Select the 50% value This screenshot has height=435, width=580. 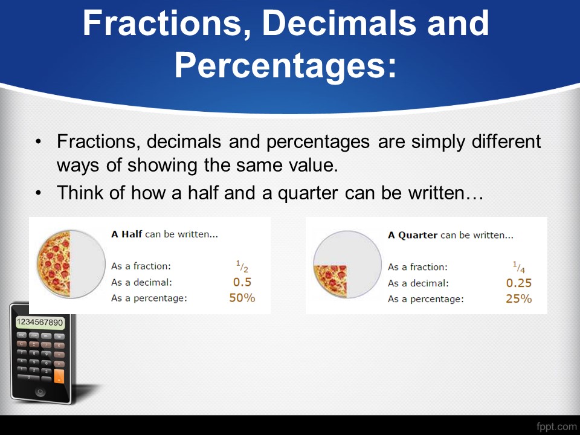242,298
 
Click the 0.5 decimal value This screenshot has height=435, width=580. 242,282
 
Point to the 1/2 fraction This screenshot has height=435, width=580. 242,266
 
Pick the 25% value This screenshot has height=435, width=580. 518,298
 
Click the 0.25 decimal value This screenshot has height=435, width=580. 518,283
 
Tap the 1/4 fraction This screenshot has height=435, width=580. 518,267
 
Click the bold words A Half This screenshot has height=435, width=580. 126,234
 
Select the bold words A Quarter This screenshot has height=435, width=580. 413,235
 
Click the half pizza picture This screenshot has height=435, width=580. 54,263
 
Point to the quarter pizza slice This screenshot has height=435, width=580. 330,280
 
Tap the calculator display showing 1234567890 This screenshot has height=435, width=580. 40,323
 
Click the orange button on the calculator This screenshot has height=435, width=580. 59,376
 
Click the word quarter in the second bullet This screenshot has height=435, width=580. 308,193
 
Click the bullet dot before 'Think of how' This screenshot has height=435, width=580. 38,193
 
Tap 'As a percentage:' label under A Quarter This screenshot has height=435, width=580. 426,299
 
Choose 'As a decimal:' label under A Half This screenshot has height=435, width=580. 141,283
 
